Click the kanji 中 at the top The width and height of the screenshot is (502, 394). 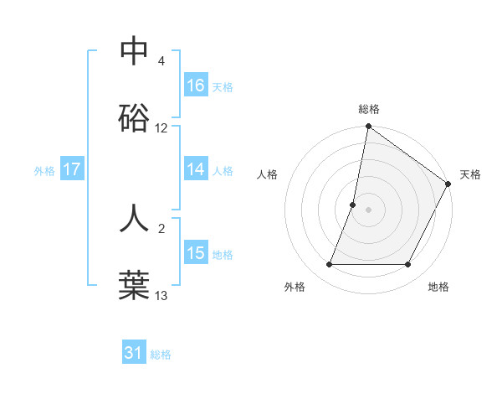tap(134, 51)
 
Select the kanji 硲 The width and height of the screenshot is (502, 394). tap(134, 117)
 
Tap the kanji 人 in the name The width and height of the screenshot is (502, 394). tap(134, 217)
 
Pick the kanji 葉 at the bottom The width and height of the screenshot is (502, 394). tap(134, 284)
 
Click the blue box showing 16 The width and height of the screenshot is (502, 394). tap(196, 86)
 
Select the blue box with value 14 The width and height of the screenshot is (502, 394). tap(196, 169)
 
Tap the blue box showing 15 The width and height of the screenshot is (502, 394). tap(196, 253)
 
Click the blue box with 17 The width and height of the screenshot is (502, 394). tap(72, 169)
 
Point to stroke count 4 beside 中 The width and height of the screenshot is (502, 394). tap(161, 62)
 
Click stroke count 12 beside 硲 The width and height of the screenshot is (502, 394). tap(161, 129)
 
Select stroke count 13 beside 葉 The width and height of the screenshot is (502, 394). tap(161, 296)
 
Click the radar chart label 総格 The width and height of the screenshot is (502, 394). tap(369, 109)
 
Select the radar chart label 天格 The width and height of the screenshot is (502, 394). tap(470, 174)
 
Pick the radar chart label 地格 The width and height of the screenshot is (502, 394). tap(438, 287)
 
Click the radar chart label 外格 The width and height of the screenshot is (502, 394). tap(295, 287)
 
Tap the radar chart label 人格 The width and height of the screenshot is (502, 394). tap(267, 174)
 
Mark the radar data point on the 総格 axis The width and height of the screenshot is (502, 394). tap(368, 127)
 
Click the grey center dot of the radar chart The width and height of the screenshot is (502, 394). tap(368, 210)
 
